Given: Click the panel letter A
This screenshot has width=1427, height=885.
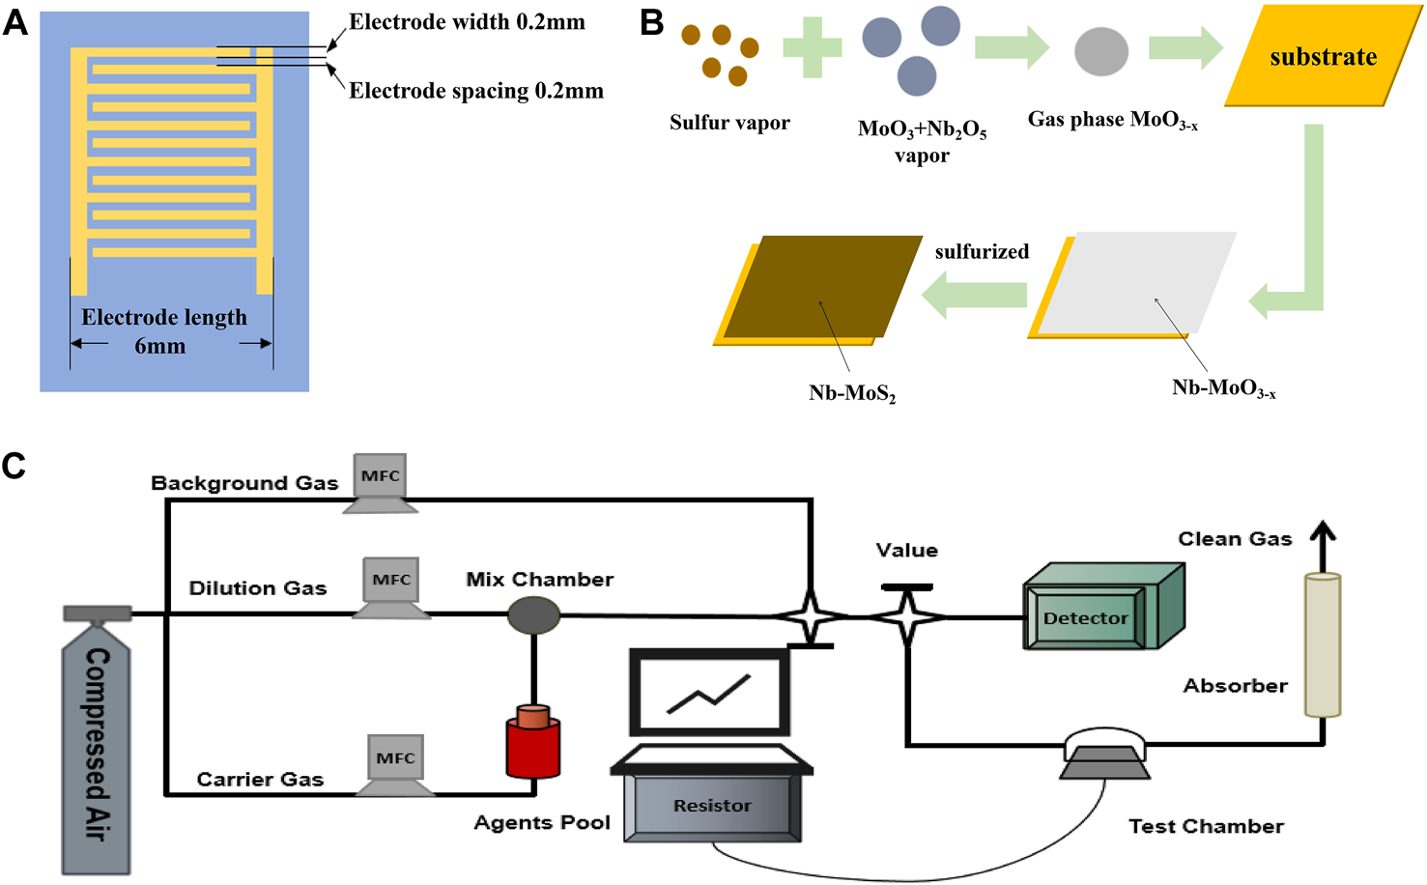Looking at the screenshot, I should coord(15,21).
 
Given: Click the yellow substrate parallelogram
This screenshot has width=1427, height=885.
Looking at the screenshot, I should coord(1323,56).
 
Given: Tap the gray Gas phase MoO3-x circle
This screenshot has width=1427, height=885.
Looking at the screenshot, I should coord(1101,51).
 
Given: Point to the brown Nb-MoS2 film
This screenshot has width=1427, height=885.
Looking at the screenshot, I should coord(821,286).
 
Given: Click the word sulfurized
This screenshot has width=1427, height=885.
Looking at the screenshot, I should coord(982,252).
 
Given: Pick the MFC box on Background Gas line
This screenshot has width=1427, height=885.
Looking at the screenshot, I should coord(381,476).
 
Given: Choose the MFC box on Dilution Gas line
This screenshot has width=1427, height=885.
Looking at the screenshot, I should coord(391,581).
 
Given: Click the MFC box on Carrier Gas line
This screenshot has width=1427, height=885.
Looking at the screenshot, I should coord(395,758).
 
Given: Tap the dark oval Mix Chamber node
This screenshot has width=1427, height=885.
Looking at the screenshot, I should coord(533,615).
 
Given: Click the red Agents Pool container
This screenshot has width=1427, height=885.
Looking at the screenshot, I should coord(533,744).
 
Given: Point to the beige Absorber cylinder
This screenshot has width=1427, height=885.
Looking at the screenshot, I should coord(1323,645).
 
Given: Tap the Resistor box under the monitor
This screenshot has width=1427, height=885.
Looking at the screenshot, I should coord(712,807).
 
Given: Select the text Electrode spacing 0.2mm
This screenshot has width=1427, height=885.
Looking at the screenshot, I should coord(475,91).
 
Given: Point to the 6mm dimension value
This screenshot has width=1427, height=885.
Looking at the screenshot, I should coord(159,346).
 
